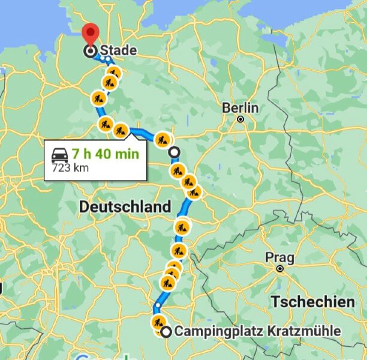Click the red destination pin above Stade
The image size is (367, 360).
click(90, 33)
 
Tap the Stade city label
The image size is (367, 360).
click(118, 50)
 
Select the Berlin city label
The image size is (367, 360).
click(240, 108)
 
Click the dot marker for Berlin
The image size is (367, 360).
click(240, 119)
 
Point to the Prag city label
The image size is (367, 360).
click(279, 257)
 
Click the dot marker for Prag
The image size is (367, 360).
click(279, 268)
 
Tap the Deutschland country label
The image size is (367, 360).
click(125, 206)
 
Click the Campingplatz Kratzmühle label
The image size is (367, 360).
click(257, 331)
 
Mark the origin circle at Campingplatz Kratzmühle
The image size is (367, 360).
click(165, 331)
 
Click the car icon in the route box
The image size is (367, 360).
click(60, 154)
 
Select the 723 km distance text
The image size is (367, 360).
click(70, 167)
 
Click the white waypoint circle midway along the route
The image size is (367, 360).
click(174, 152)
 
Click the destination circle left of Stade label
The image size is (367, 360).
click(90, 52)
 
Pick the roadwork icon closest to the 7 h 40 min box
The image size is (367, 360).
click(121, 130)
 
